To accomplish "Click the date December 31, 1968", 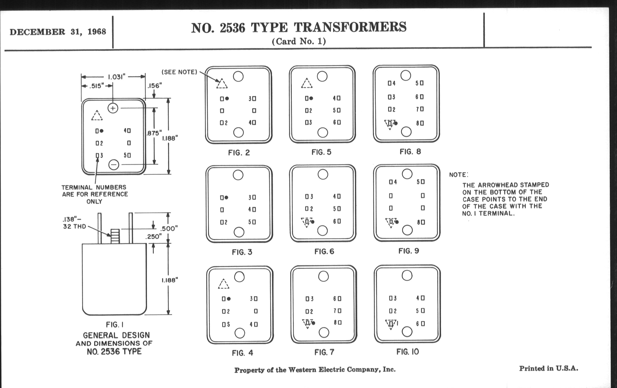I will (x=58, y=32).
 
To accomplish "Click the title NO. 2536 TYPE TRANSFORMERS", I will (x=299, y=27).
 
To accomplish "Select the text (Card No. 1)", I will (x=299, y=41).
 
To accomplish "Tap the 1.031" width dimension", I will (x=116, y=77).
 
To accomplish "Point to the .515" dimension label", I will (x=97, y=86).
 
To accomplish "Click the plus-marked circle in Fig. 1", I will (x=113, y=108).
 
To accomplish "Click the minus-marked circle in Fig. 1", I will (x=114, y=164).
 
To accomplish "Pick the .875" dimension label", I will (x=154, y=133).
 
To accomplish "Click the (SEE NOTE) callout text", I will (x=179, y=72).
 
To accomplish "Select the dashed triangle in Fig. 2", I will (x=222, y=84).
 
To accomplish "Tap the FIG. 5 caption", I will (x=321, y=152).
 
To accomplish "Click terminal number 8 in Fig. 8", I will (x=417, y=123).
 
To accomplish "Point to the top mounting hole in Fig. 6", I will (x=323, y=174).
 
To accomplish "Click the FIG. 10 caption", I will (x=407, y=352).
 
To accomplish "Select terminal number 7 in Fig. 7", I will (x=335, y=311).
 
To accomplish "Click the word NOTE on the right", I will (x=458, y=175).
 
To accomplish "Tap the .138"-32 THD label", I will (x=74, y=223).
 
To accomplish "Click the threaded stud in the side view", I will (x=115, y=236).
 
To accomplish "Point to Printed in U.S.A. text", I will (x=549, y=368).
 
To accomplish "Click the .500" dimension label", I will (x=169, y=228).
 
